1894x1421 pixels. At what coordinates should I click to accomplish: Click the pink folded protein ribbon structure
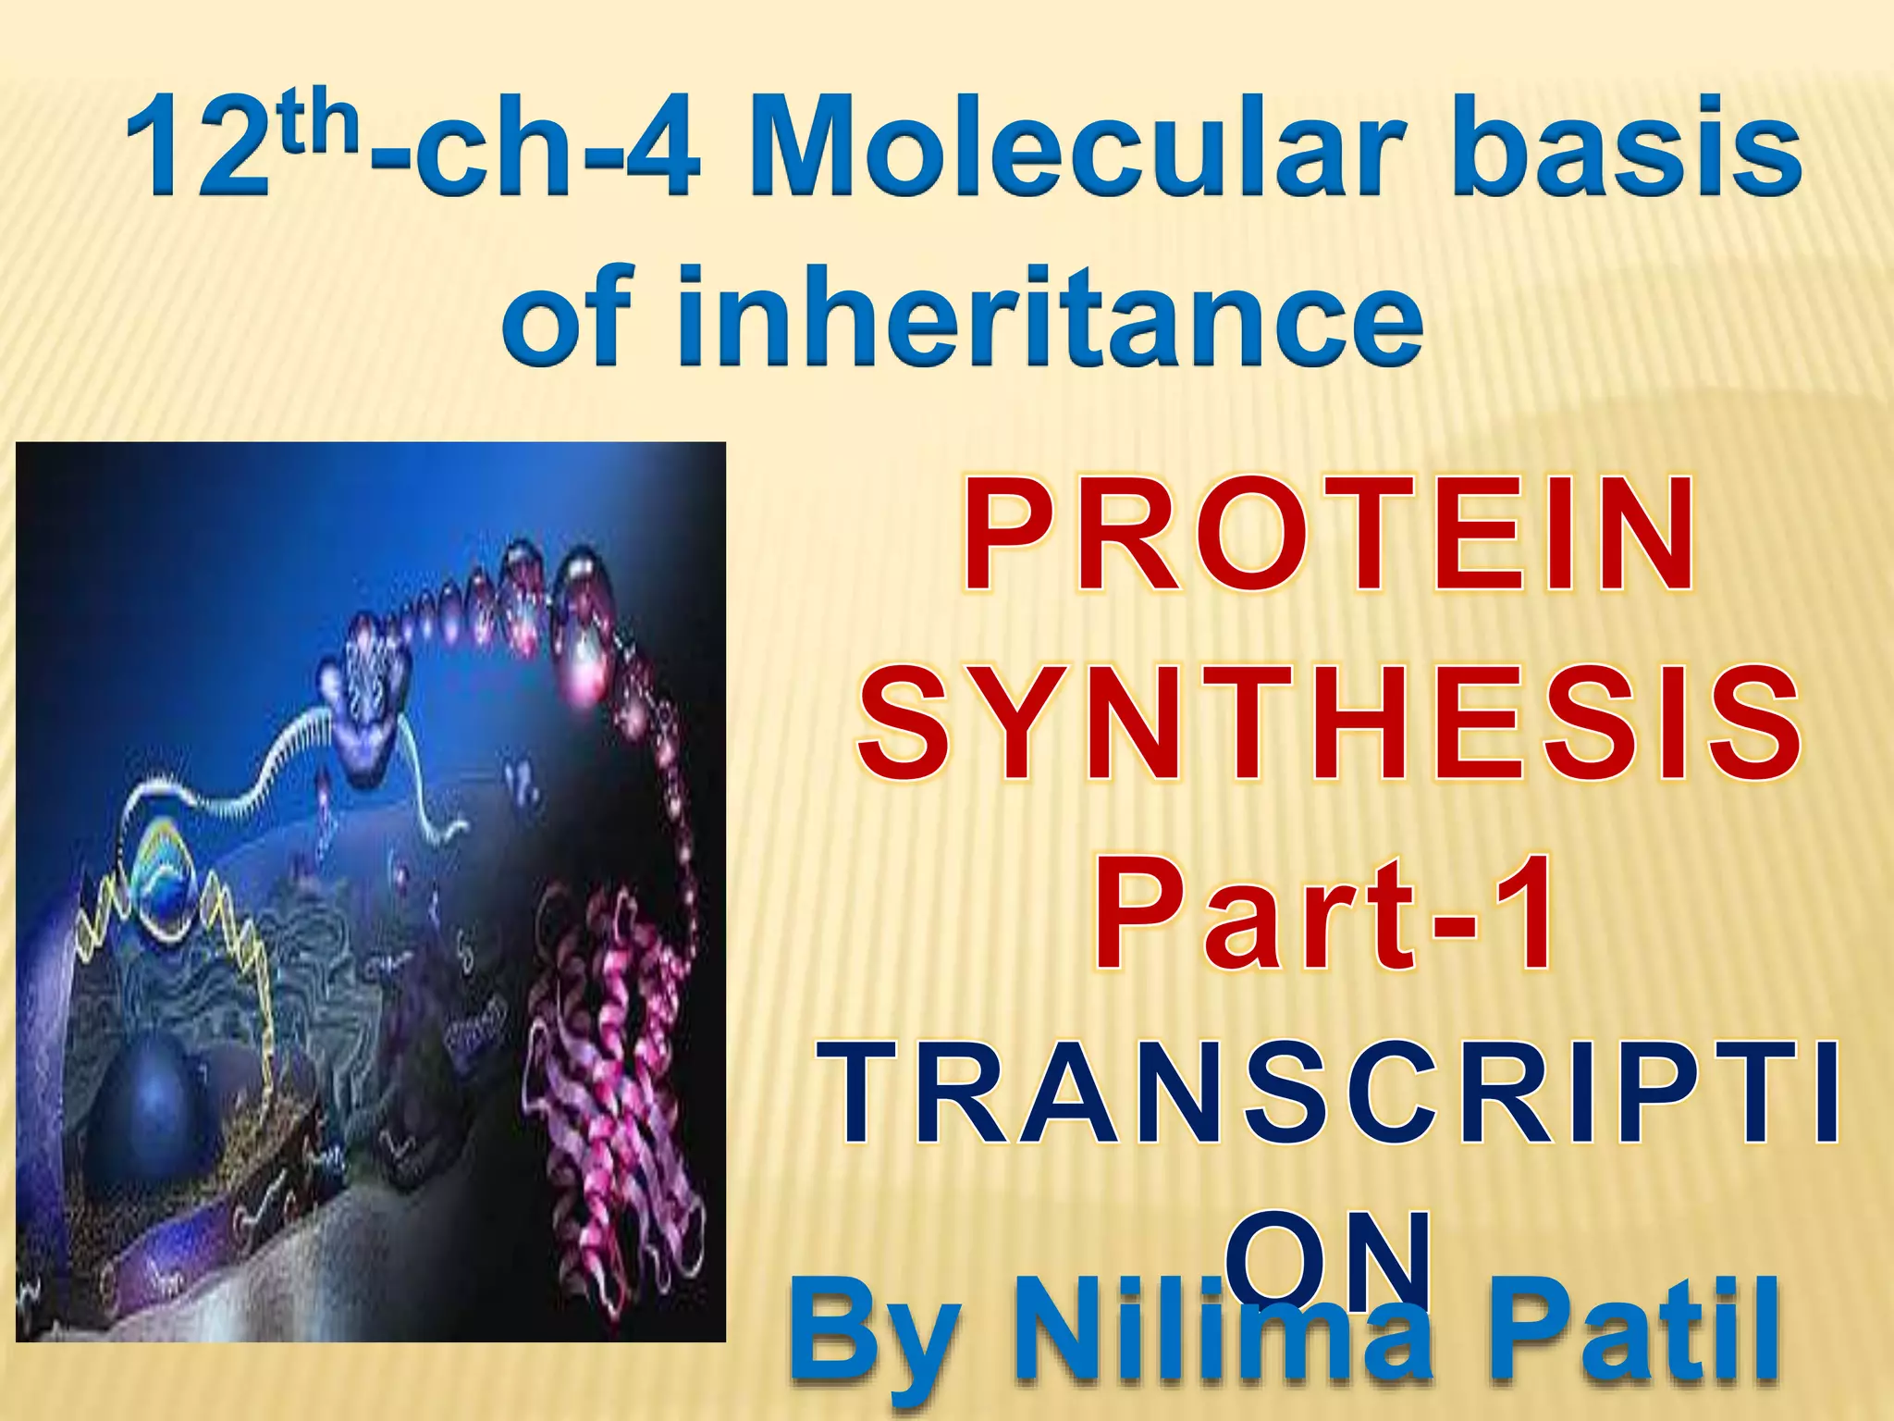610,1064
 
